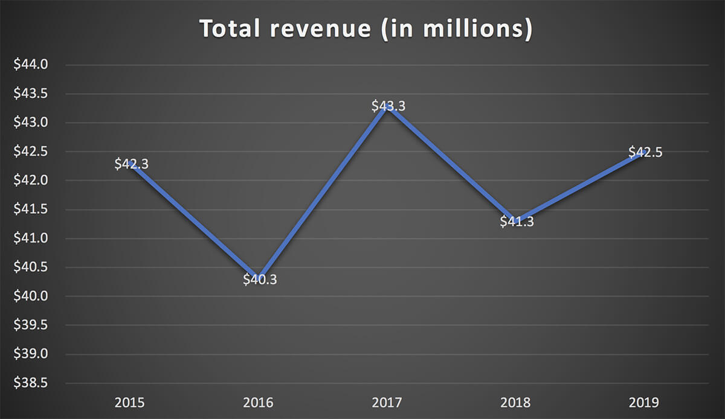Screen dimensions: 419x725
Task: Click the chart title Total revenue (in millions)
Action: pyautogui.click(x=366, y=29)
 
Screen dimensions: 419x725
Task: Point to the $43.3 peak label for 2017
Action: pyautogui.click(x=388, y=106)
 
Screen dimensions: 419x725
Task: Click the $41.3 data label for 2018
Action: pyautogui.click(x=517, y=222)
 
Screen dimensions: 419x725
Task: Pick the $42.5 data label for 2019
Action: pyautogui.click(x=645, y=152)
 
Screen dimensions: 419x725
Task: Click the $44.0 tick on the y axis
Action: pyautogui.click(x=31, y=65)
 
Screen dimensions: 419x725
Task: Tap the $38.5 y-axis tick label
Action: pyautogui.click(x=31, y=383)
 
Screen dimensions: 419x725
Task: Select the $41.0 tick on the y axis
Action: pyautogui.click(x=31, y=238)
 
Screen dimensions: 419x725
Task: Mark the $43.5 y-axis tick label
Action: pyautogui.click(x=31, y=94)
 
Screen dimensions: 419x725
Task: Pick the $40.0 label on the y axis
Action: pyautogui.click(x=31, y=296)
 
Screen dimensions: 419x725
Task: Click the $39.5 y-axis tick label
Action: pyautogui.click(x=31, y=325)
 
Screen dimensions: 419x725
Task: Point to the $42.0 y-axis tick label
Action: pyautogui.click(x=31, y=181)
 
